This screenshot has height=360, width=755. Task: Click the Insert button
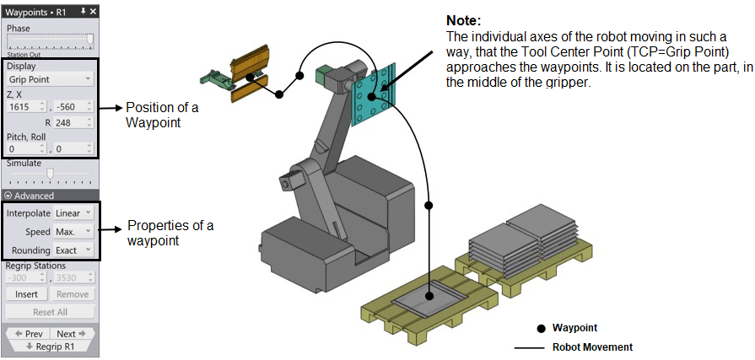click(26, 294)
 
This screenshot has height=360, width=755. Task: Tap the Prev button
click(27, 334)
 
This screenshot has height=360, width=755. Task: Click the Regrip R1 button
click(50, 346)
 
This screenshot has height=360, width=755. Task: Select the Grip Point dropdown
click(50, 79)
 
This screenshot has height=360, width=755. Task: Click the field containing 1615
click(26, 107)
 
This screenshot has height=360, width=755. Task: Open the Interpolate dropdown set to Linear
click(73, 213)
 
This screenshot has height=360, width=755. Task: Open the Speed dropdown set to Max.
click(73, 232)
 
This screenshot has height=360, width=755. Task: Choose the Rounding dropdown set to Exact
click(73, 250)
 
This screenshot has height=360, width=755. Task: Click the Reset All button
click(50, 312)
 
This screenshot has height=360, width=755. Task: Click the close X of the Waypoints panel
click(93, 11)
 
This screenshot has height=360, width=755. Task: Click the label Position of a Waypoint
click(156, 115)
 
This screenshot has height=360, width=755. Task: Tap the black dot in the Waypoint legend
click(540, 328)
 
